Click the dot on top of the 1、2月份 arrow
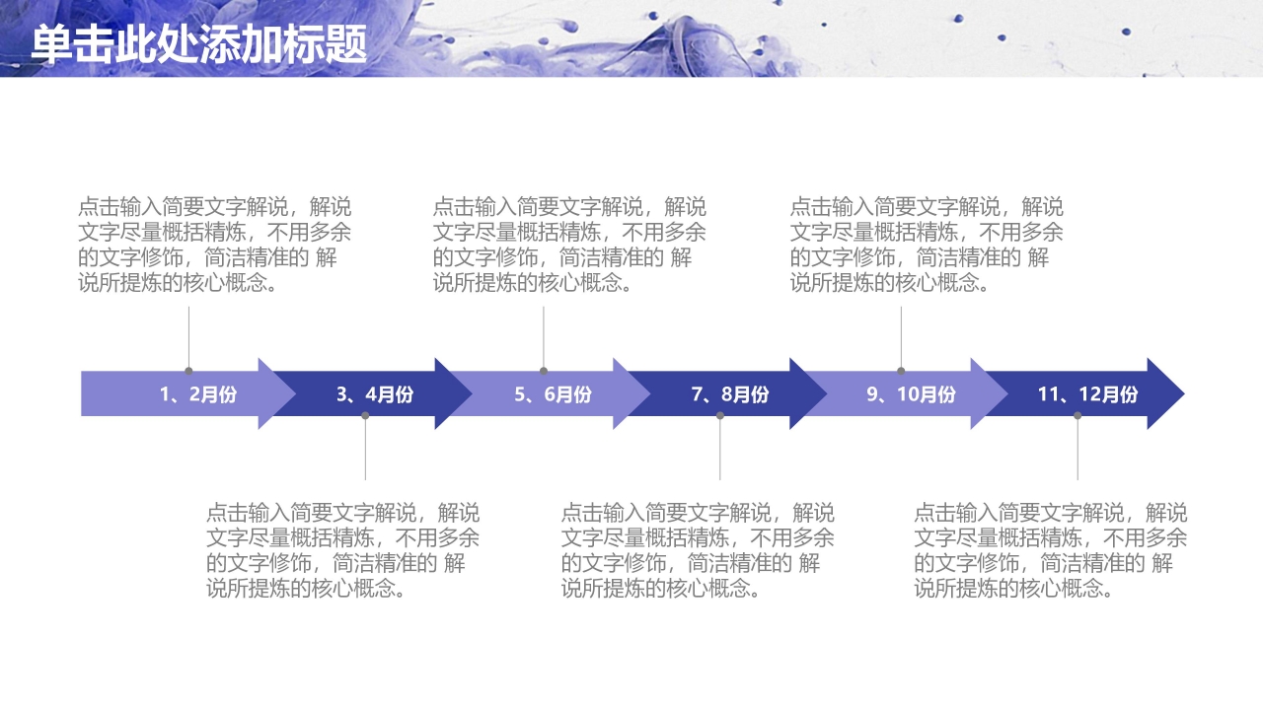point(188,371)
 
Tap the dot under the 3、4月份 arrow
point(365,416)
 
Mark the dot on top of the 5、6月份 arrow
point(544,371)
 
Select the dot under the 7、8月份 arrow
point(720,416)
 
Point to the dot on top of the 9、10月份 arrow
point(901,371)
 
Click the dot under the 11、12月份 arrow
point(1077,416)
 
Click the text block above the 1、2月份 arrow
point(214,245)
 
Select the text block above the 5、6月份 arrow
point(569,245)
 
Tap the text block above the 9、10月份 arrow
point(927,245)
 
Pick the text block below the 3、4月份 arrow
point(342,550)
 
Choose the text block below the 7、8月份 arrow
point(698,550)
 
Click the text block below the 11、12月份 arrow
point(1050,550)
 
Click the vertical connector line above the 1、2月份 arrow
point(188,335)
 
